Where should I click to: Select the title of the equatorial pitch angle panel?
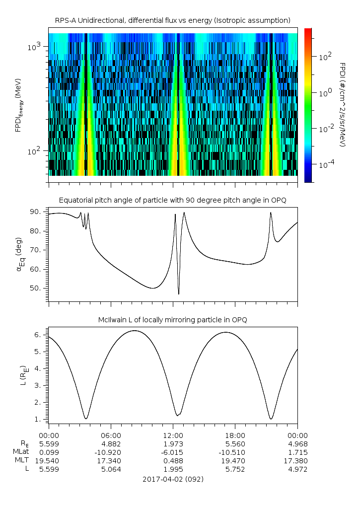[173, 200]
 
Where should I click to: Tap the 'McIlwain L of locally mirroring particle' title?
[173, 320]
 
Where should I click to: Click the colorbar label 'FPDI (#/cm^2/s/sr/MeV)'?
[342, 105]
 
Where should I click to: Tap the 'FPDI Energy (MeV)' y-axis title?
[18, 105]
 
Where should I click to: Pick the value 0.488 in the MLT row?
[173, 461]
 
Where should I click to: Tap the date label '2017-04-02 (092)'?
[173, 479]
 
